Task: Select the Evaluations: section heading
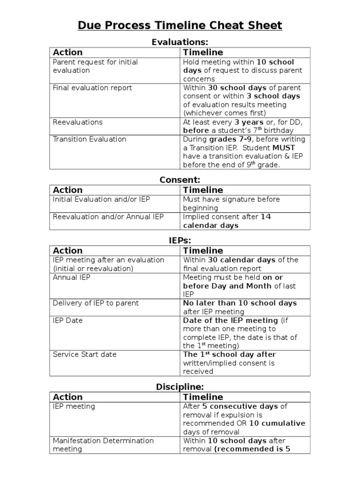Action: [180, 42]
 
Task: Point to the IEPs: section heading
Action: [180, 240]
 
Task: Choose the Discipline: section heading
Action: [180, 387]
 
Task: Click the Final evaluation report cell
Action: [92, 88]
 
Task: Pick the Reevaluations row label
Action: [77, 122]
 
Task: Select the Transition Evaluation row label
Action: [89, 139]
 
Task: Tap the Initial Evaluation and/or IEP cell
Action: [101, 199]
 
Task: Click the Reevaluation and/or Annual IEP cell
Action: [108, 217]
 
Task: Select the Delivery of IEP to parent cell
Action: [96, 303]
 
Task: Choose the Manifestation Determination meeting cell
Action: [103, 444]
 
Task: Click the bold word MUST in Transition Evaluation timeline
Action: [286, 148]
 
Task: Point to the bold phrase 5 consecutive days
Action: [240, 406]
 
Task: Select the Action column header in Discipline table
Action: [67, 397]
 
